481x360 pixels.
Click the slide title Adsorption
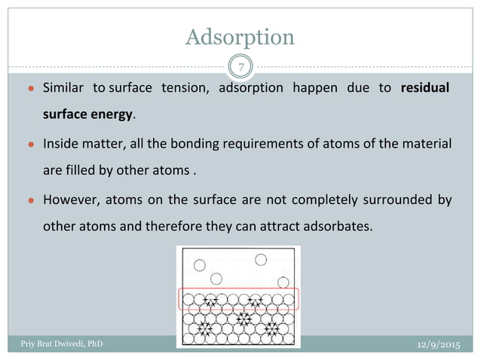pyautogui.click(x=240, y=36)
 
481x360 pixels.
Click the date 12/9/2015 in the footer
pyautogui.click(x=439, y=343)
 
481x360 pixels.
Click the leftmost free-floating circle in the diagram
pyautogui.click(x=200, y=265)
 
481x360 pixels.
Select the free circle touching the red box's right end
pyautogui.click(x=283, y=282)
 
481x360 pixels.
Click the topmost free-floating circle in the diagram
pyautogui.click(x=261, y=260)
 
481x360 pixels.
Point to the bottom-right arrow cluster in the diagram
pyautogui.click(x=270, y=329)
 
